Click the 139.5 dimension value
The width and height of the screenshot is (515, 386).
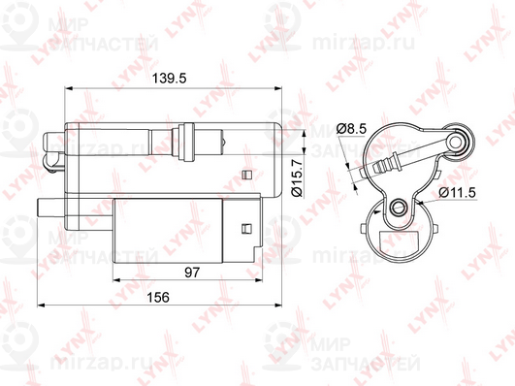point(169,79)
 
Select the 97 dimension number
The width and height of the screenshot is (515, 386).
point(192,273)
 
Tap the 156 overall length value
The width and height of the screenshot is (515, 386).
point(158,298)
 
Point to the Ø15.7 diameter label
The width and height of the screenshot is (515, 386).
point(297,178)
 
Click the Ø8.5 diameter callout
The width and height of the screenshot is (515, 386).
point(351,128)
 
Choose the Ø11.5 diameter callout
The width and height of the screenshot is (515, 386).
point(457,192)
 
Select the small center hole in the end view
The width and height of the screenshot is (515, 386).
point(399,207)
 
